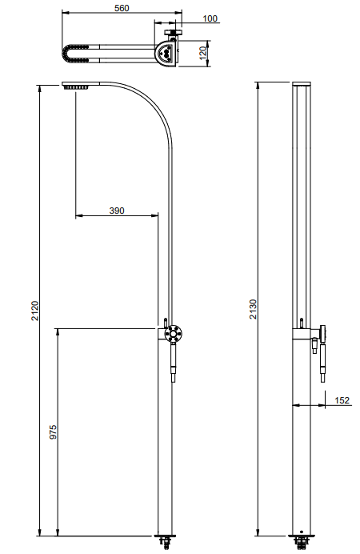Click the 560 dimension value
coord(121,8)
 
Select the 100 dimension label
coord(210,18)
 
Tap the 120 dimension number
coord(203,54)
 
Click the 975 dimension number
coord(54,432)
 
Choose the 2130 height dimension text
coord(252,309)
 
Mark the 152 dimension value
coord(342,400)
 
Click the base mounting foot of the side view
coord(302,543)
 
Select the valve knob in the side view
coord(323,332)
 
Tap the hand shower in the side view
coord(315,359)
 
